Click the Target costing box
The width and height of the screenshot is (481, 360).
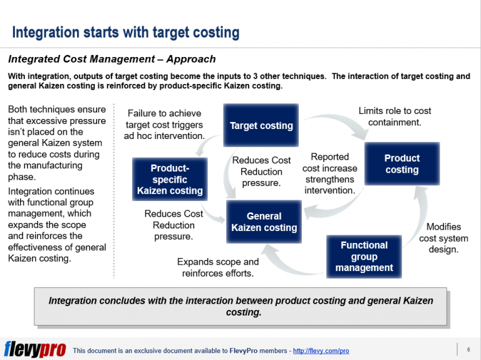point(261,125)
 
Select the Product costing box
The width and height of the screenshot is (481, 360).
point(401,164)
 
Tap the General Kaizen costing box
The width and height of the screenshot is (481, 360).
point(264,222)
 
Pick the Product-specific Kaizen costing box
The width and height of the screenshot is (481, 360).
point(170,179)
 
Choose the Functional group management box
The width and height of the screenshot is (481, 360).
point(364,256)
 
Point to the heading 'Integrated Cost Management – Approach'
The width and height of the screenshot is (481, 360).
point(111,59)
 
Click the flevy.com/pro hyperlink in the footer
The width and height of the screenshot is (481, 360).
point(321,351)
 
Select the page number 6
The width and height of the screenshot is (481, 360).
point(468,349)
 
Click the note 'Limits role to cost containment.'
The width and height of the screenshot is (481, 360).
point(395,116)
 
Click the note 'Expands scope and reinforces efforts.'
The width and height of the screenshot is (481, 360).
point(217,267)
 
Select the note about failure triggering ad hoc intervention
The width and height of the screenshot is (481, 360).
point(164,124)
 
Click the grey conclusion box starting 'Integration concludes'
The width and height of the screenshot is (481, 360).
point(240,306)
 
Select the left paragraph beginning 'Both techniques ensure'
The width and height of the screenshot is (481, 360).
point(56,143)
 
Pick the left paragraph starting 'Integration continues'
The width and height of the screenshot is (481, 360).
point(56,225)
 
